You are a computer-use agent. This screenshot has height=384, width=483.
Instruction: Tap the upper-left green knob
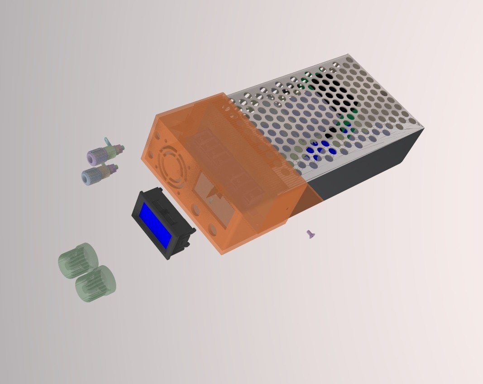(x=78, y=261)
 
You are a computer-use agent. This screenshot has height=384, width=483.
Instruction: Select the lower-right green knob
(x=96, y=284)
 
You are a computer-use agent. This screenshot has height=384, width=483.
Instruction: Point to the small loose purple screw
(x=310, y=234)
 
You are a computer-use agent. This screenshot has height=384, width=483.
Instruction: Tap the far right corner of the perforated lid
(x=423, y=129)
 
